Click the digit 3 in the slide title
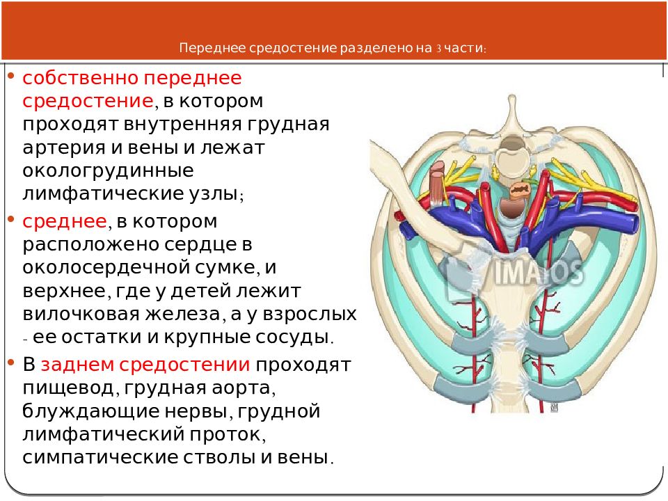coord(438,48)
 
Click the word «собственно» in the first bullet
coord(79,79)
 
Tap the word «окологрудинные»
coord(109,171)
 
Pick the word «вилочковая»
coord(81,315)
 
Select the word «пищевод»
coord(68,388)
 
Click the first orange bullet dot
coord(11,77)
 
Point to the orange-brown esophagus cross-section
coord(518,189)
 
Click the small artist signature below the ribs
coord(554,408)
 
